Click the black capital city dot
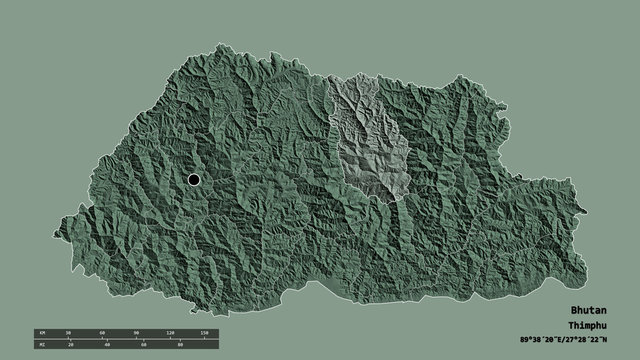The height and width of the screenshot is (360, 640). (193, 179)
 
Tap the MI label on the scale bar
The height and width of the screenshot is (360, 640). (41, 345)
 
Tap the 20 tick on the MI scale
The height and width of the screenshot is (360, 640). (71, 345)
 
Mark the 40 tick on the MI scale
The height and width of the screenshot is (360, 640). (107, 345)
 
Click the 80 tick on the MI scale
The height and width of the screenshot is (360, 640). (179, 345)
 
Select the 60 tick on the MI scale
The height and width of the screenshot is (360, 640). (143, 345)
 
